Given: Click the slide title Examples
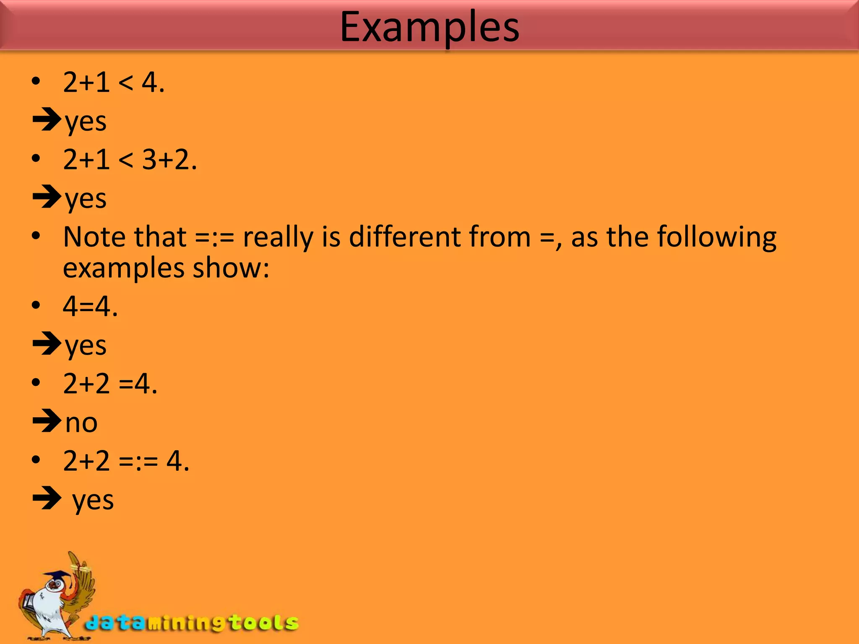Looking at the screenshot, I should tap(429, 27).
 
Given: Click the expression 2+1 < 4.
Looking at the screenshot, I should tap(113, 82).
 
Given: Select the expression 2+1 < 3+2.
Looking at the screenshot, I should tap(130, 160).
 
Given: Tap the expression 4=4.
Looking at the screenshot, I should tap(90, 306).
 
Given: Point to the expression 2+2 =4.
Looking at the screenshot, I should tap(110, 384).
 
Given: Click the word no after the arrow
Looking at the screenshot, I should tap(81, 423).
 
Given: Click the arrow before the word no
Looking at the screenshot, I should tap(47, 421).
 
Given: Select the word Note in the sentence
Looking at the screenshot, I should tap(93, 237).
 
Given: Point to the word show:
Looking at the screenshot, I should tap(230, 268).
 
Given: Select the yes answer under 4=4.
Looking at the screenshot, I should tap(86, 346).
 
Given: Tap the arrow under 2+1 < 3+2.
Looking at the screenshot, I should tap(47, 197).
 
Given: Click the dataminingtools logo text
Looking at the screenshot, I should tap(192, 623).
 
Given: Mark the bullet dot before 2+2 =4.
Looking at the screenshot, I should tap(36, 383).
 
